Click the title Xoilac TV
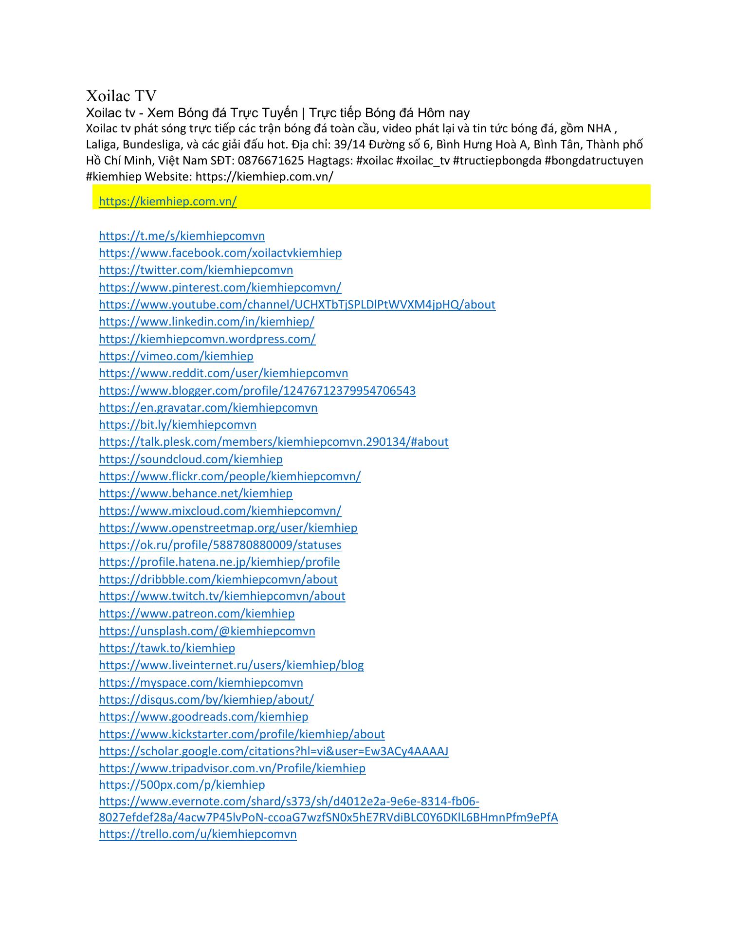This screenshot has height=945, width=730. click(121, 95)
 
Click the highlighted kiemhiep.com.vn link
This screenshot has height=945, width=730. click(167, 201)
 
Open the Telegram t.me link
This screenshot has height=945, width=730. click(182, 236)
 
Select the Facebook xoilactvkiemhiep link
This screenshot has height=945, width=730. click(220, 253)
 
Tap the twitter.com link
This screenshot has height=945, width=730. click(196, 270)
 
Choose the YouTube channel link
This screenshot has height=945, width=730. click(297, 305)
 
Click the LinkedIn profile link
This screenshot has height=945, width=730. click(206, 322)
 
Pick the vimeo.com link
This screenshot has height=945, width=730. click(176, 356)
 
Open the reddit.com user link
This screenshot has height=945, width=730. click(223, 373)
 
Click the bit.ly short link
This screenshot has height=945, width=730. click(177, 425)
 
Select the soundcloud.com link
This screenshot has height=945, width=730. click(190, 459)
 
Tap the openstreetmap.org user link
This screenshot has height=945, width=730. click(228, 528)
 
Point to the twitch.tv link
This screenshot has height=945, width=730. click(222, 596)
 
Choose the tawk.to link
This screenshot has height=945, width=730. click(166, 648)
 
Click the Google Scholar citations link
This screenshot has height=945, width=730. click(274, 751)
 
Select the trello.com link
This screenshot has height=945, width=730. click(198, 834)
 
